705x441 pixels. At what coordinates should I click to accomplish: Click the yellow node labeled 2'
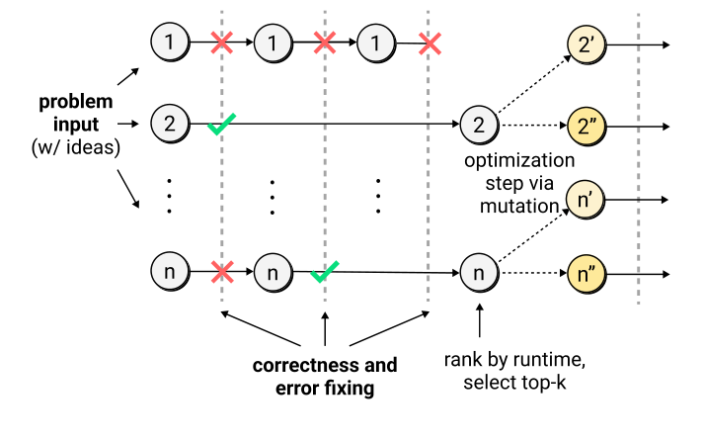tap(587, 44)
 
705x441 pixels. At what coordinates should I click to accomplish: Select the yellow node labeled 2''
tap(587, 127)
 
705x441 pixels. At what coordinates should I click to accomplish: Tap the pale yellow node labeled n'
tap(585, 200)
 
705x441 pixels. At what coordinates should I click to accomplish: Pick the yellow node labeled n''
tap(587, 274)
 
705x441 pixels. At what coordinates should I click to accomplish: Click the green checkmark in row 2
tap(221, 124)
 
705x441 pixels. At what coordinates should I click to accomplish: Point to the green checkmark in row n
tap(325, 272)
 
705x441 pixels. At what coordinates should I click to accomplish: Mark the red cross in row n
tap(222, 272)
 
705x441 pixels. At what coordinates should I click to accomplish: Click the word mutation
tap(519, 207)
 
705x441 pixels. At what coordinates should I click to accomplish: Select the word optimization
tap(519, 160)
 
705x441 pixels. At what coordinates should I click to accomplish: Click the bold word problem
tap(75, 102)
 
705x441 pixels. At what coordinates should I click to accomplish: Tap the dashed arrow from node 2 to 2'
tap(534, 84)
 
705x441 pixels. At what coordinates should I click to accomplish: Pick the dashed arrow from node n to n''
tap(534, 273)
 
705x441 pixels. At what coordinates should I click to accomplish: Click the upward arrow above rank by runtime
tap(479, 320)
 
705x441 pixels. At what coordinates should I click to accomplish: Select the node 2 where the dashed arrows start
tap(479, 125)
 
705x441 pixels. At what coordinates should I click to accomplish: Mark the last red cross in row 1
tap(430, 44)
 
